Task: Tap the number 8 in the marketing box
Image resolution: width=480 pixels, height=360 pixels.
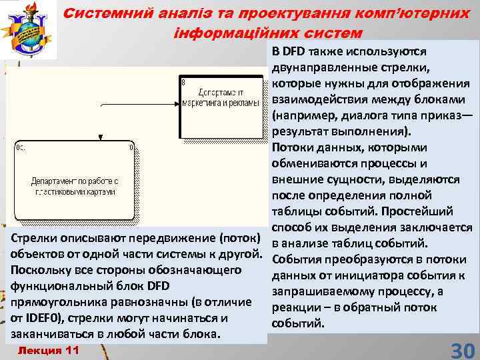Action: tap(183, 82)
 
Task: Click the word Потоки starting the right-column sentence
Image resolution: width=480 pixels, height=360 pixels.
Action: tap(293, 147)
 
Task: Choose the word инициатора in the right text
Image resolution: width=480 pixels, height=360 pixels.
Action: tap(363, 276)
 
